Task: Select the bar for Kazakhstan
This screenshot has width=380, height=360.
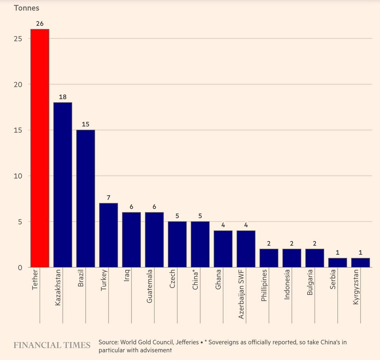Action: click(63, 185)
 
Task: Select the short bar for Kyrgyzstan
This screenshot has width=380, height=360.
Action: click(360, 263)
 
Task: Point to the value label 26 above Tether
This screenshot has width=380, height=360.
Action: click(40, 24)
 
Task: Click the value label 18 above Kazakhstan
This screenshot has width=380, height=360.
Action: click(63, 97)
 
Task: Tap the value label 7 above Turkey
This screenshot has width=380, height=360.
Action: click(109, 198)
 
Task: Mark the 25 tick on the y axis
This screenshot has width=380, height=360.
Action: click(18, 39)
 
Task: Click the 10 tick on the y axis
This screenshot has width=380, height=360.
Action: click(18, 176)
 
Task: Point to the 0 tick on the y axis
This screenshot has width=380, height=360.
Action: click(20, 268)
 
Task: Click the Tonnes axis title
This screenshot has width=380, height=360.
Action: click(27, 8)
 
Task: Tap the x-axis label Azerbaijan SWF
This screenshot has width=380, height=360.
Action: click(241, 294)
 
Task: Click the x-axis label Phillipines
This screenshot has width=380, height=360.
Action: click(264, 285)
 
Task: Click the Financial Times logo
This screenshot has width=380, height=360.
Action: click(52, 345)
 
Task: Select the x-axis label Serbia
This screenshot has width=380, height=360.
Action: click(333, 279)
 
